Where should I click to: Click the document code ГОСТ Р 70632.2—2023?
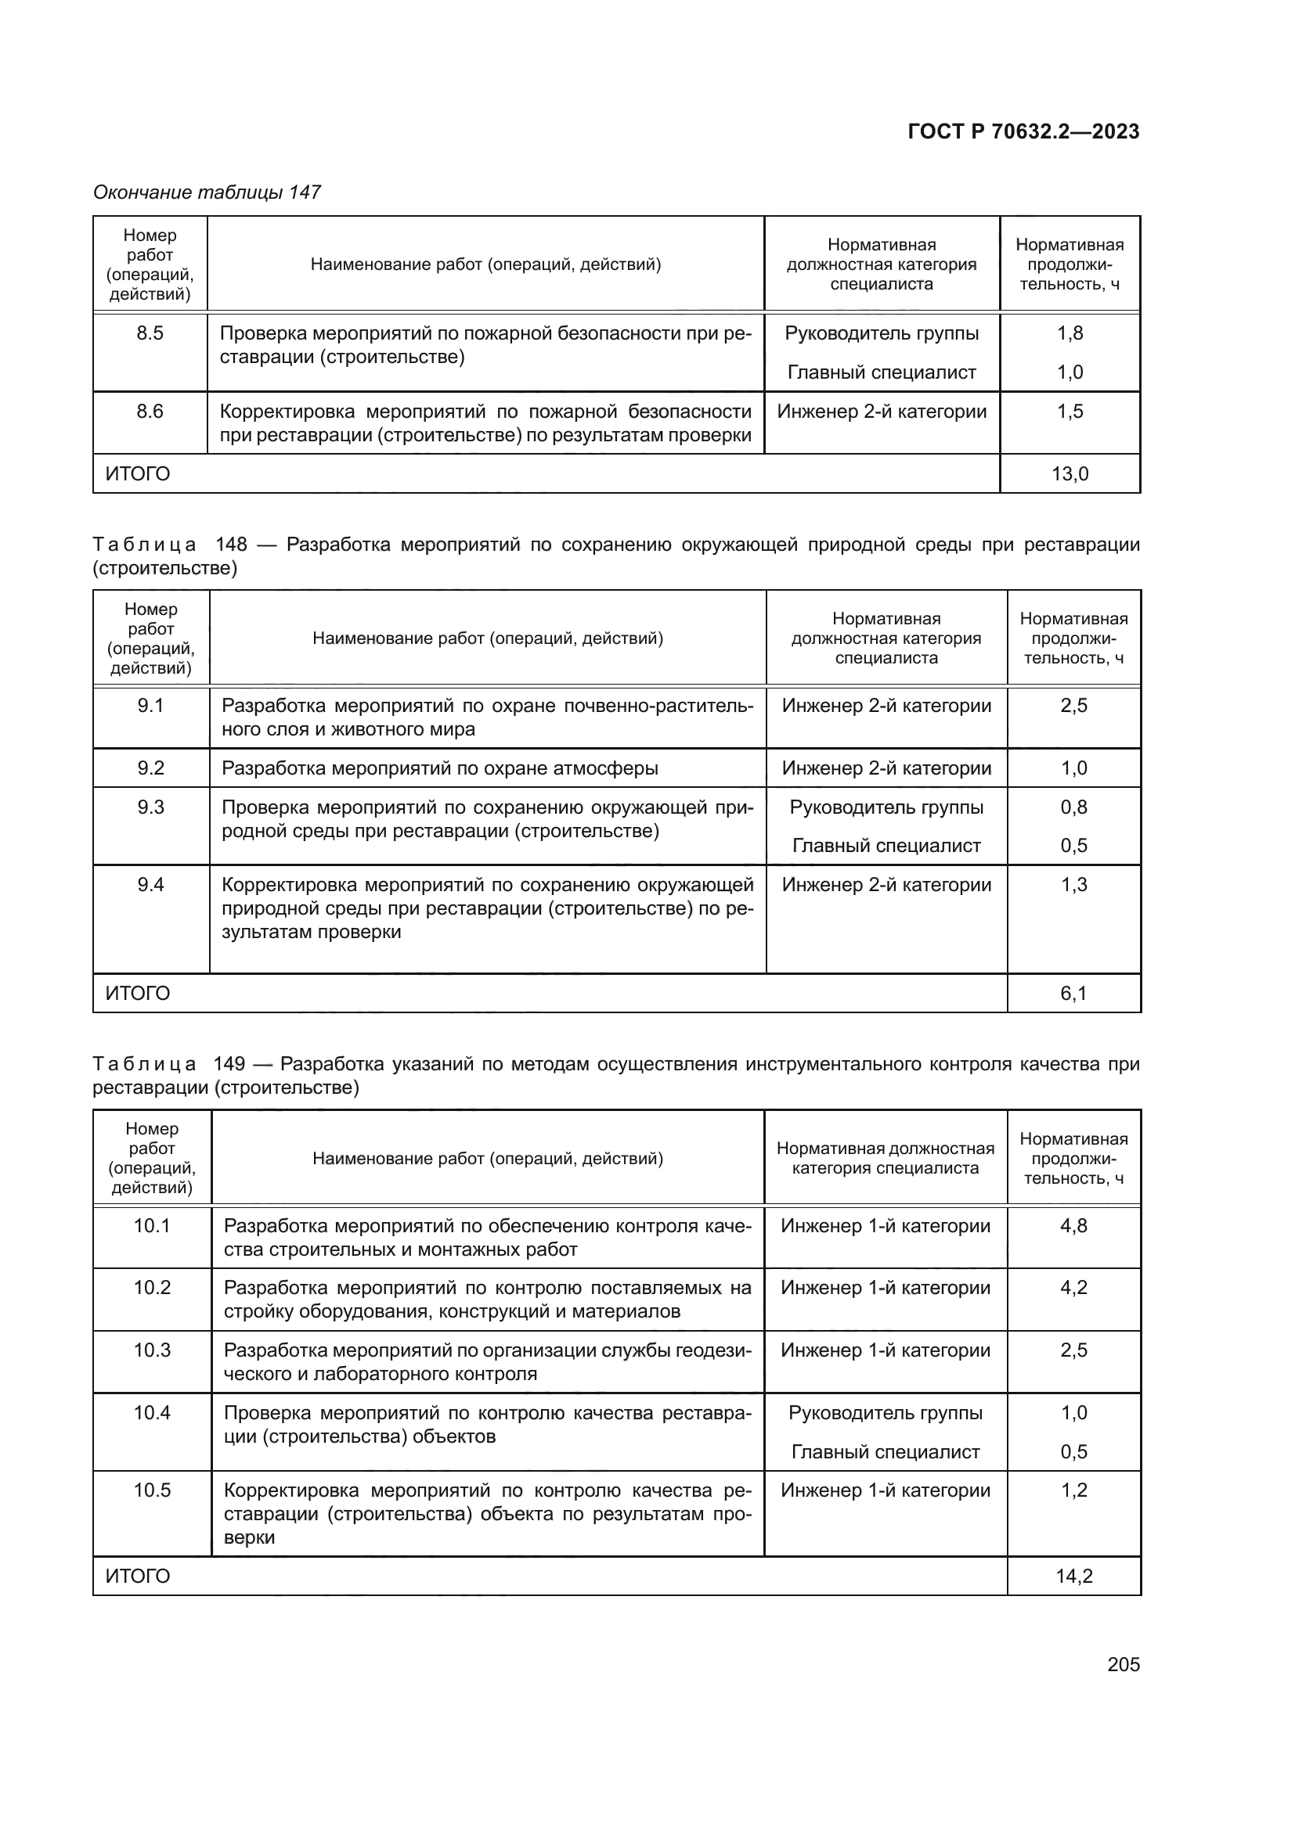tap(1023, 131)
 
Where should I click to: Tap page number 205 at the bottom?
tap(1123, 1664)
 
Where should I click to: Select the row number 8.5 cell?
tap(150, 333)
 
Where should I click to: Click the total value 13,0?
tap(1070, 474)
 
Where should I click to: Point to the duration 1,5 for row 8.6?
tap(1070, 412)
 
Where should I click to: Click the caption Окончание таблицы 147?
tap(207, 192)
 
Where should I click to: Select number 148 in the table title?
tap(231, 545)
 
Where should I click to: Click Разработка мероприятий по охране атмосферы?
tap(439, 768)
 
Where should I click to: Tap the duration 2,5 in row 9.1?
tap(1073, 706)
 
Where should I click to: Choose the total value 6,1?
tap(1073, 993)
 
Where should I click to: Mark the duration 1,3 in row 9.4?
tap(1073, 885)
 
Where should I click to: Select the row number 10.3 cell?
tap(152, 1350)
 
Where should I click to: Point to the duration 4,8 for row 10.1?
tap(1073, 1226)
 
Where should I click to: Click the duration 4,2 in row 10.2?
tap(1073, 1288)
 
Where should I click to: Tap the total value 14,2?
tap(1073, 1576)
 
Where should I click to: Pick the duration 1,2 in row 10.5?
tap(1073, 1490)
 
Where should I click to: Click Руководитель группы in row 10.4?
tap(886, 1413)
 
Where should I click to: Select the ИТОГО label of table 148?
tap(138, 993)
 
